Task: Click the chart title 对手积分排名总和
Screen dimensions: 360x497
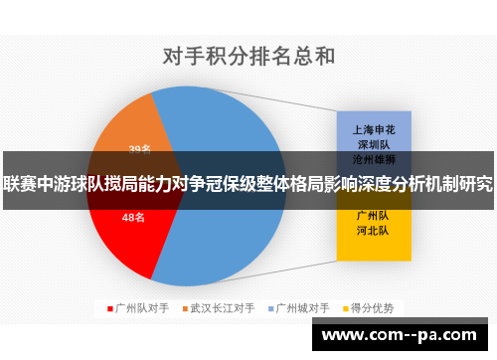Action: pos(248,55)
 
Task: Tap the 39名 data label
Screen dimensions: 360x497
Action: pos(139,149)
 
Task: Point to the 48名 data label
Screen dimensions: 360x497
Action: pos(133,217)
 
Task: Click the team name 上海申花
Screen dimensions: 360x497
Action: pos(373,128)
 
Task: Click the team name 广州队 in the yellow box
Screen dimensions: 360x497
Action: pos(373,214)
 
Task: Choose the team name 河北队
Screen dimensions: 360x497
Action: pos(373,230)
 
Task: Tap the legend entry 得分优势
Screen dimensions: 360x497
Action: pos(372,307)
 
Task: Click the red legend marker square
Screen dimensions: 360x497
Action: pos(109,307)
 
